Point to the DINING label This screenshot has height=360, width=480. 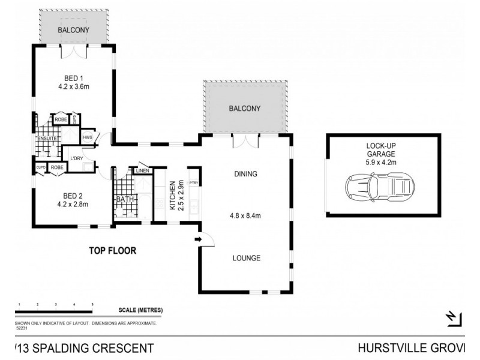(x=245, y=175)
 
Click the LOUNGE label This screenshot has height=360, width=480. (x=246, y=259)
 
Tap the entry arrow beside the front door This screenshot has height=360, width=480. (x=197, y=239)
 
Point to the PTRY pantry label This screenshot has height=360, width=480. (x=194, y=183)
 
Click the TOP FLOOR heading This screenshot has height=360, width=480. (x=113, y=251)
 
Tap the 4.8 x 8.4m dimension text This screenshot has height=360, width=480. (x=245, y=217)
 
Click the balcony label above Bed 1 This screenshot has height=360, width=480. (x=73, y=30)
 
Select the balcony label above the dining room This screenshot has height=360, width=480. (x=245, y=109)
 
